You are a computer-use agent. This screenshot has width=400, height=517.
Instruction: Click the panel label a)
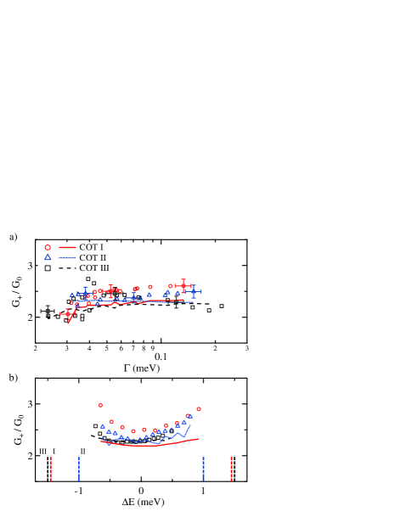tap(13, 237)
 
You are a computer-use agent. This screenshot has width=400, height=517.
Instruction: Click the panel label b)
tap(13, 378)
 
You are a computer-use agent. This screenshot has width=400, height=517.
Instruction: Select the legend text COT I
tap(92, 247)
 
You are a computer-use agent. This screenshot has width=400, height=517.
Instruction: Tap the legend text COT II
tap(93, 257)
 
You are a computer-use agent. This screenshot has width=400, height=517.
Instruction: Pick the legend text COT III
tap(94, 268)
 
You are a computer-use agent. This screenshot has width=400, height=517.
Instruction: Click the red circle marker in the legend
tap(48, 247)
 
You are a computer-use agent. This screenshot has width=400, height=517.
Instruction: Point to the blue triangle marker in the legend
tap(48, 257)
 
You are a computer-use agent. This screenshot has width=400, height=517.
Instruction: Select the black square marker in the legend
tap(48, 268)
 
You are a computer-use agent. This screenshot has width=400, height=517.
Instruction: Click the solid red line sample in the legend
tap(67, 247)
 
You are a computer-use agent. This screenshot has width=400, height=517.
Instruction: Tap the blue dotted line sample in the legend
tap(67, 257)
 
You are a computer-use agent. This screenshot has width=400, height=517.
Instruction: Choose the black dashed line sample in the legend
tap(67, 268)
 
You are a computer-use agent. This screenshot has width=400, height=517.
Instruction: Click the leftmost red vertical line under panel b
tap(51, 469)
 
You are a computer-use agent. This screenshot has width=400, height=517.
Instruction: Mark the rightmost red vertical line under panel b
tap(231, 469)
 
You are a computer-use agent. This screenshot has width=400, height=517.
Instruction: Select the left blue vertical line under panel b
tap(79, 469)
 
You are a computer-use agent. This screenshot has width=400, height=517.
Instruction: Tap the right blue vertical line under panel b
tap(203, 469)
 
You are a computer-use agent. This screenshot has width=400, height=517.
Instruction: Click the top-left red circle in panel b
tap(100, 406)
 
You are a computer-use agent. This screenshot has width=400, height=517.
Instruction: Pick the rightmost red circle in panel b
tap(199, 409)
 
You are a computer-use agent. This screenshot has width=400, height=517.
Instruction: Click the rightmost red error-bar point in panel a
tap(183, 286)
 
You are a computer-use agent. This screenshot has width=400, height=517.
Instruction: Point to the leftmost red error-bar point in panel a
tap(67, 313)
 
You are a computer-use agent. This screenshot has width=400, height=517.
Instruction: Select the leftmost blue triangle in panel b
tap(103, 426)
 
